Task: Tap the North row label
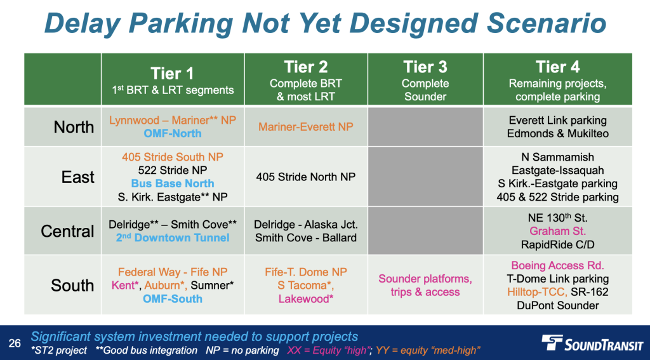[74, 127]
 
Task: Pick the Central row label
[67, 231]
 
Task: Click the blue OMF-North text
[173, 133]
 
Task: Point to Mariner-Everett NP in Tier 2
[306, 126]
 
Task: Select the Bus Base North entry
[173, 183]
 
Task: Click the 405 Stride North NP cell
[306, 177]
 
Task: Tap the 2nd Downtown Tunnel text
[173, 237]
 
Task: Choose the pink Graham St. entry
[557, 231]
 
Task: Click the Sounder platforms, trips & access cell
[425, 285]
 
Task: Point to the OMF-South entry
[173, 298]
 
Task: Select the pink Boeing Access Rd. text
[557, 265]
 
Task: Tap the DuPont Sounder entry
[557, 305]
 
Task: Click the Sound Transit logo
[592, 343]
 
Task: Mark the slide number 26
[15, 343]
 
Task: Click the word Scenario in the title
[547, 23]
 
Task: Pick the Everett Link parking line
[557, 120]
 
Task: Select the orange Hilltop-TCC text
[537, 292]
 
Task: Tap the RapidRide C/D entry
[557, 244]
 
